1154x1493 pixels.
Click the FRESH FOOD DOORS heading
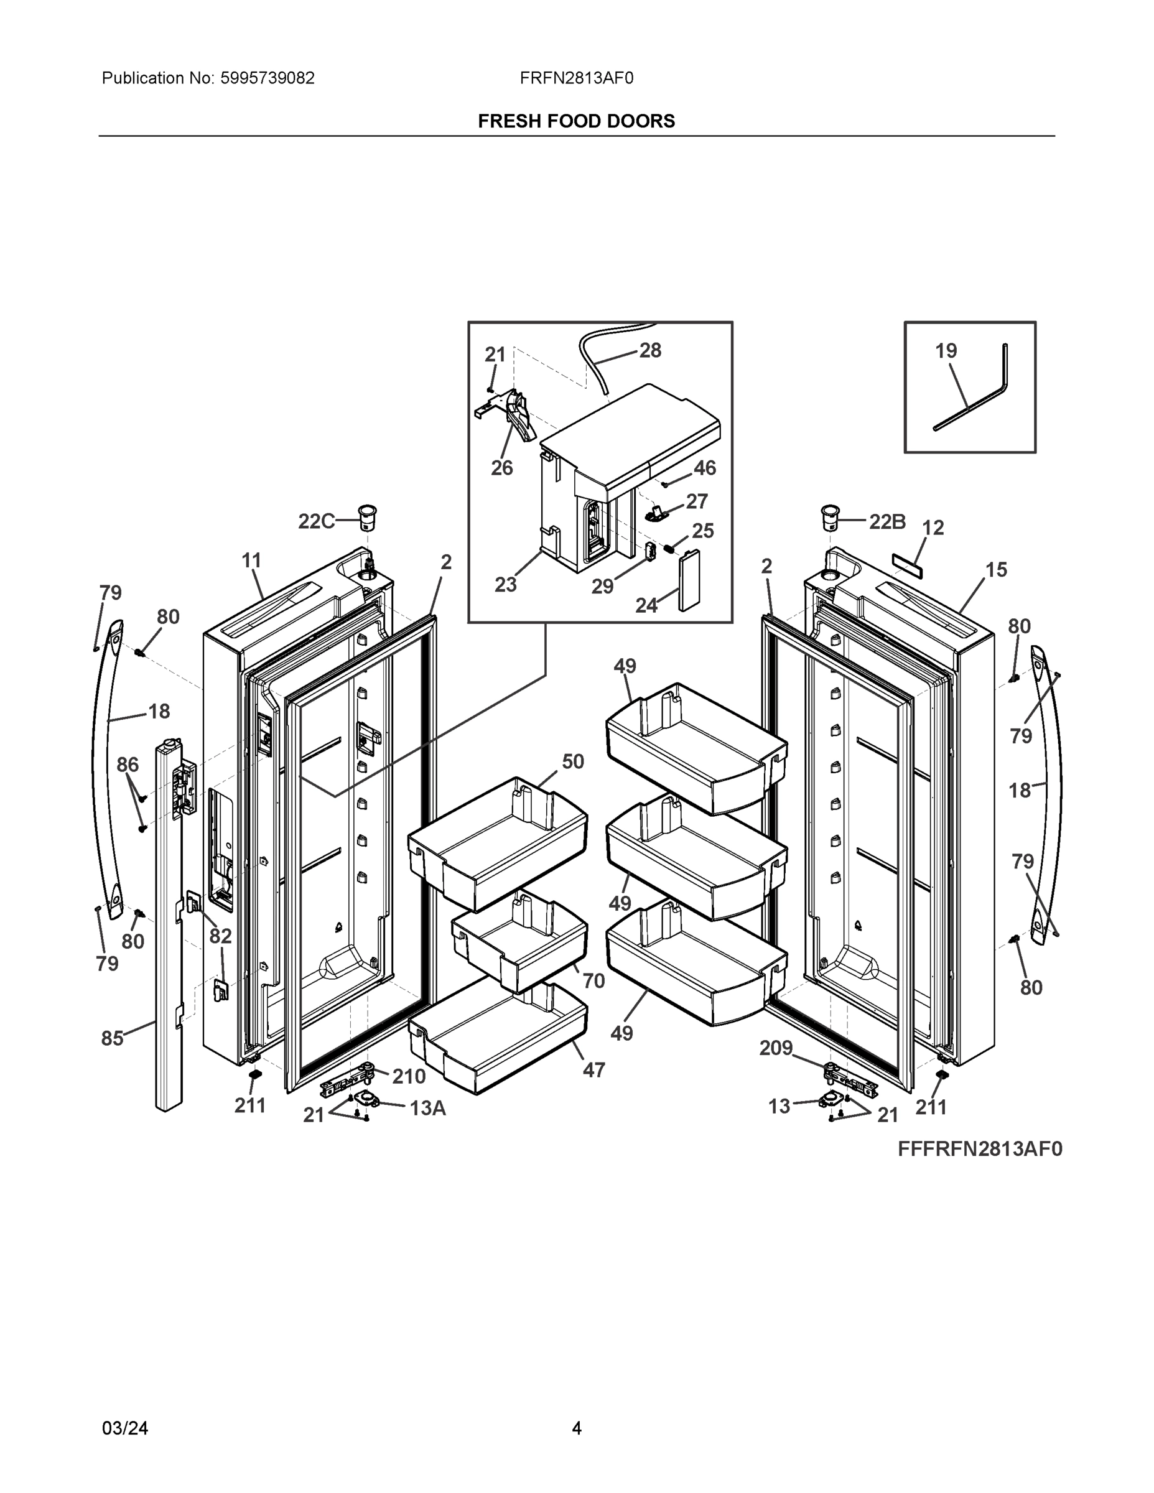(575, 121)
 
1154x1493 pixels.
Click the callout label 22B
(886, 523)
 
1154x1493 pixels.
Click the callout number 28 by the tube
(650, 351)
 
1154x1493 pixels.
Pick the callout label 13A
(427, 1108)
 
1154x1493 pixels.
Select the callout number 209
(776, 1048)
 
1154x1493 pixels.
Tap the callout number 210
(409, 1077)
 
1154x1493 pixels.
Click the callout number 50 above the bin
(573, 761)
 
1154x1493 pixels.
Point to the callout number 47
(593, 1070)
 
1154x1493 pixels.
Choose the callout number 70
(593, 981)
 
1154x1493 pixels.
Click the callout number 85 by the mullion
(113, 1038)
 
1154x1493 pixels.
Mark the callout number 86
(128, 765)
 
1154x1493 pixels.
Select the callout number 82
(220, 936)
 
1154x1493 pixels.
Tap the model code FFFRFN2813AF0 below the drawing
(980, 1149)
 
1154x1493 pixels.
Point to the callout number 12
(933, 528)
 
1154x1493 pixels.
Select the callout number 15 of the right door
(996, 569)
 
